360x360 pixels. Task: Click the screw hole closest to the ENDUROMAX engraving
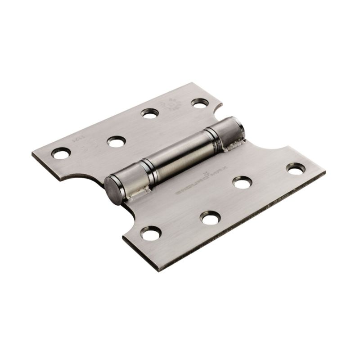click(x=243, y=182)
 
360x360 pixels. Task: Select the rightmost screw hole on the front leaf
click(x=296, y=169)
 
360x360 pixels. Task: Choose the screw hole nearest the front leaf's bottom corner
click(x=150, y=233)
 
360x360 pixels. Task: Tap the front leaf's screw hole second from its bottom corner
click(x=210, y=218)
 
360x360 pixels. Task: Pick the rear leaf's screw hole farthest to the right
click(x=198, y=103)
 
